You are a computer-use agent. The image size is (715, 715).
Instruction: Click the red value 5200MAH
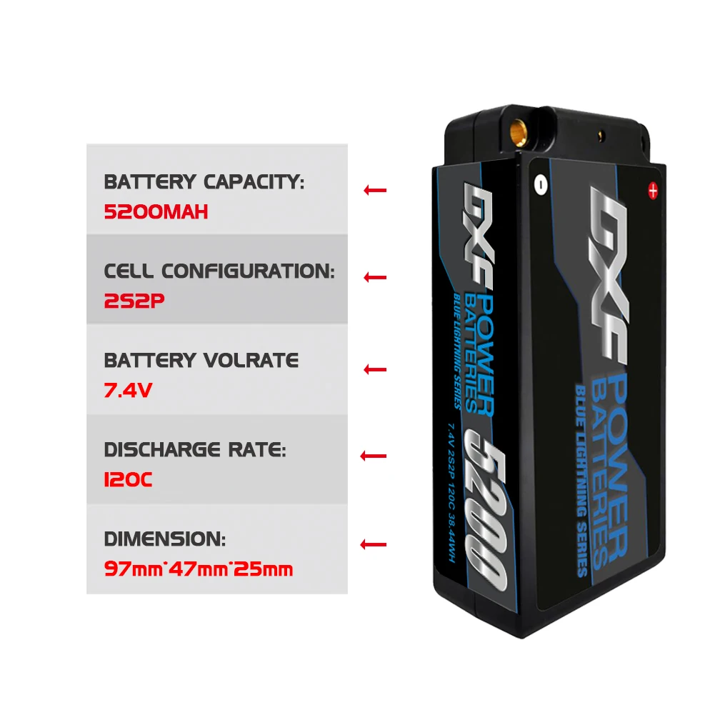(x=156, y=212)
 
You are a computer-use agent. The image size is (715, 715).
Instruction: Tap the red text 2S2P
(x=134, y=301)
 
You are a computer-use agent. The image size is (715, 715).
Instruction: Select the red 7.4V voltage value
(x=129, y=391)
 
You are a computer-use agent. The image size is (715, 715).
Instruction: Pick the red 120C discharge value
(x=129, y=480)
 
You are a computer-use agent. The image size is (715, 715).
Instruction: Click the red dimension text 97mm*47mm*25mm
(x=199, y=569)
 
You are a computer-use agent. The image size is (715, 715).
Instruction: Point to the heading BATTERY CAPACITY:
(x=204, y=182)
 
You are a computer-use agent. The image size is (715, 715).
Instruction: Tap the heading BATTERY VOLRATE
(x=201, y=361)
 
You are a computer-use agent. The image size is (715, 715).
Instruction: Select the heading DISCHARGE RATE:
(x=195, y=450)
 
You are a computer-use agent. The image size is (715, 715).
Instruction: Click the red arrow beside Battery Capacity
(x=374, y=190)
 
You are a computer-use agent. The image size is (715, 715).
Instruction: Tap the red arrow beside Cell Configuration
(x=374, y=277)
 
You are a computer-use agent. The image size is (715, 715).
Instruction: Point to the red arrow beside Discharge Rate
(x=374, y=456)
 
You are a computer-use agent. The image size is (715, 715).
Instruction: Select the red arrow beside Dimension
(x=374, y=545)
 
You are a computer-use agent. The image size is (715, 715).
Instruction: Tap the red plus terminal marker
(x=651, y=190)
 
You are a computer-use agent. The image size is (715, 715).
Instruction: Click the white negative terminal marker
(x=541, y=184)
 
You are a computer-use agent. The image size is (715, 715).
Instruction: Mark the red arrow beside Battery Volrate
(x=374, y=369)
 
